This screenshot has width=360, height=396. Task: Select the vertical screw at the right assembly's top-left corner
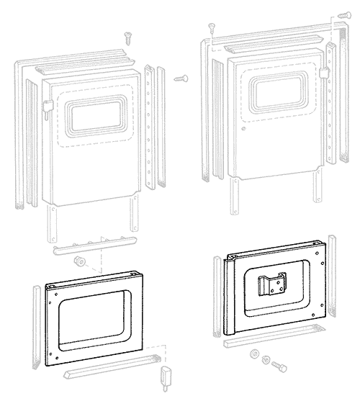click(x=212, y=27)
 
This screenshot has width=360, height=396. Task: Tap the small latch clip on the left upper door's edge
click(x=45, y=109)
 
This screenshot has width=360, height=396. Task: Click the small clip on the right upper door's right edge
click(x=326, y=73)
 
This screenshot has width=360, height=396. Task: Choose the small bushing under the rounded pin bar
click(x=80, y=260)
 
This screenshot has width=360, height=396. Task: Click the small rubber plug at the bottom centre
click(x=166, y=375)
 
